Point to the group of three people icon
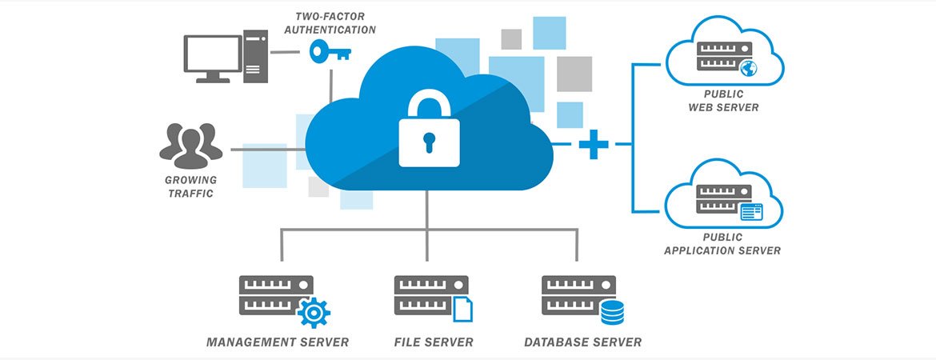click(190, 145)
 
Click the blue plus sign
click(594, 144)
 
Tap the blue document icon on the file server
click(462, 309)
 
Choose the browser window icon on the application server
click(751, 212)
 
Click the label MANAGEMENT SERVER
click(278, 342)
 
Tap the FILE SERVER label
click(434, 342)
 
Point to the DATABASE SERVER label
click(582, 342)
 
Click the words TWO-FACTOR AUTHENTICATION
click(334, 23)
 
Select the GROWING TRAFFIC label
click(190, 186)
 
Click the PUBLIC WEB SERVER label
click(723, 100)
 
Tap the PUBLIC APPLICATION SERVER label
click(723, 244)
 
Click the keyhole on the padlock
click(430, 142)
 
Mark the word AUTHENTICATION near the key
click(334, 30)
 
